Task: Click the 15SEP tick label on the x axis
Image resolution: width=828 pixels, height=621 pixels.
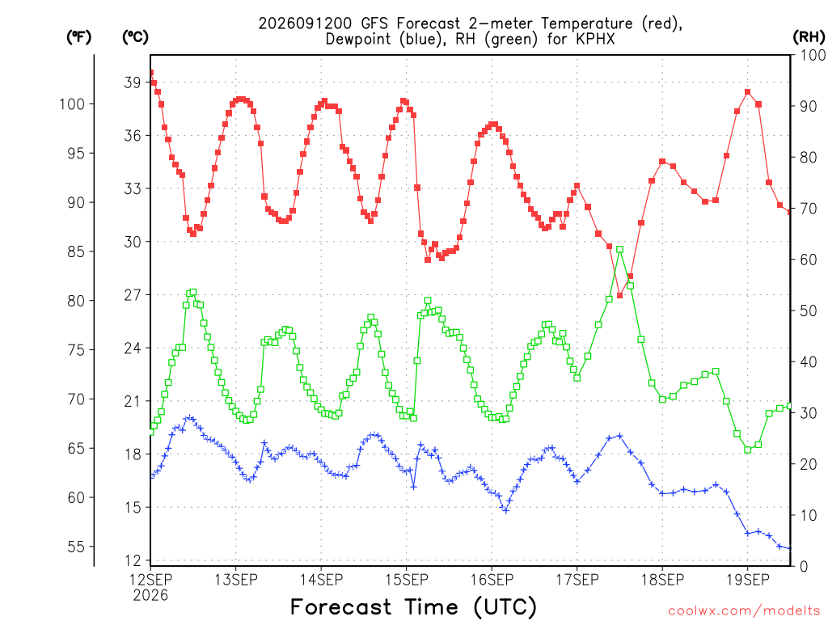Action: [x=406, y=580]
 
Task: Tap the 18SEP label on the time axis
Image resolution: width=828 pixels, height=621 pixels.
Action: [x=662, y=580]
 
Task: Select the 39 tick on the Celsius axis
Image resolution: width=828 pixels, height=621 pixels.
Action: [x=132, y=82]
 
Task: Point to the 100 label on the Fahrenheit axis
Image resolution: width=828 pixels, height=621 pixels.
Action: [x=72, y=104]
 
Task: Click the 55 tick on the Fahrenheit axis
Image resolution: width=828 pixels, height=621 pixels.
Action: [x=76, y=547]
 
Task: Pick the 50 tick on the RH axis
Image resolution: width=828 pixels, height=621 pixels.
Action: [x=809, y=310]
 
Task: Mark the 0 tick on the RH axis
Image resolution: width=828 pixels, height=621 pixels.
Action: [x=804, y=567]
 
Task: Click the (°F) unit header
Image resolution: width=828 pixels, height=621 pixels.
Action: [x=78, y=37]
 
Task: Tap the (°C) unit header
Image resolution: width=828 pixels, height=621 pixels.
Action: [x=135, y=37]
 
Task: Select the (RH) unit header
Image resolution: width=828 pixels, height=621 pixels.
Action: [x=809, y=37]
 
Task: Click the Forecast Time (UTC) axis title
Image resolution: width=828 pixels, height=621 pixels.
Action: [x=413, y=606]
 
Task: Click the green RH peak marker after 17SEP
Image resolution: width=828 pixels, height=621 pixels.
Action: [x=620, y=249]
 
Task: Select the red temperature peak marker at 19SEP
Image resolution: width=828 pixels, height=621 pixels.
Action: [x=748, y=92]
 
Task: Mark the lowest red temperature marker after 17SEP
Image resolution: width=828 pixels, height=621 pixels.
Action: [x=620, y=295]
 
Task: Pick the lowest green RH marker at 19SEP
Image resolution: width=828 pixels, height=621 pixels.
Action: [x=748, y=450]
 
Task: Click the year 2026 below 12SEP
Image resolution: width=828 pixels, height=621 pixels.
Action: [x=150, y=596]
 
